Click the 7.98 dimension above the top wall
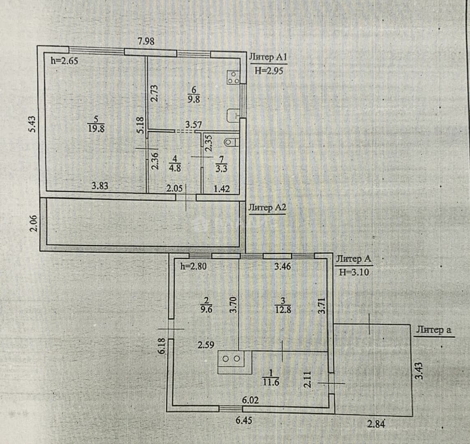[x=146, y=41]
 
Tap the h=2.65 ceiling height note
[x=65, y=61]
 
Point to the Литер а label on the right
[x=434, y=330]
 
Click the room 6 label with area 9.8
[x=194, y=95]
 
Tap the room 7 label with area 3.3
[x=222, y=164]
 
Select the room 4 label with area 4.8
[x=175, y=163]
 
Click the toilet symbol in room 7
[x=231, y=141]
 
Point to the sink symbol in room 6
[x=233, y=116]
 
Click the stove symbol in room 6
[x=233, y=77]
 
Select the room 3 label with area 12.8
[x=283, y=305]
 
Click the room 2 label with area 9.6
[x=206, y=305]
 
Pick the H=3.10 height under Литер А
[x=354, y=272]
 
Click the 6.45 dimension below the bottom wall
[x=244, y=420]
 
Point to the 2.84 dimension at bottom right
[x=376, y=424]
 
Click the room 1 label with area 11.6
[x=271, y=377]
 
